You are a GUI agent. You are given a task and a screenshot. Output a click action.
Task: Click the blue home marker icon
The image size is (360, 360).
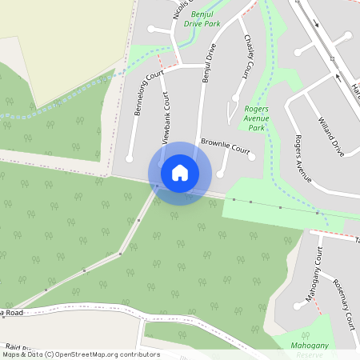tap(180, 172)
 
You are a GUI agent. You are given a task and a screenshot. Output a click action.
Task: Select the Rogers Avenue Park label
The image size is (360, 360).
tap(257, 118)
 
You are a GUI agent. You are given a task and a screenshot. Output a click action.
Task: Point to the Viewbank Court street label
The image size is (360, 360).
tap(166, 118)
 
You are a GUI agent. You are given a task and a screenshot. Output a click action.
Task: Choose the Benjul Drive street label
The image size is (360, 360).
tap(210, 64)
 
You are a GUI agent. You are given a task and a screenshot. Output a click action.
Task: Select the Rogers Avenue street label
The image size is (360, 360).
tap(302, 155)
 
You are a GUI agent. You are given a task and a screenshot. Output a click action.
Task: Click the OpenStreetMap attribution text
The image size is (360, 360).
tap(80, 354)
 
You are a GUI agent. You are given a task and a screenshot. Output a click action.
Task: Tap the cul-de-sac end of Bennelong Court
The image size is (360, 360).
tap(129, 159)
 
